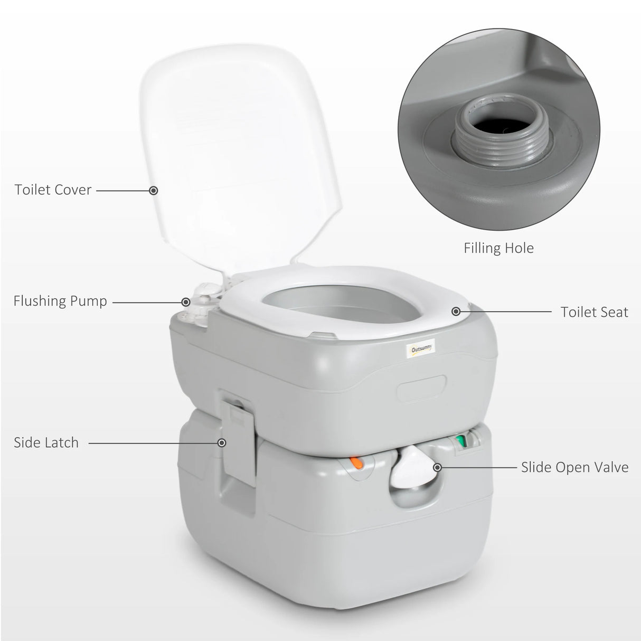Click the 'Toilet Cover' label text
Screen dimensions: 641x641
[x=53, y=190]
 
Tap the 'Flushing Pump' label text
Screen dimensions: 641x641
[x=60, y=301]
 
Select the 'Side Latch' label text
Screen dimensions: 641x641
[x=46, y=442]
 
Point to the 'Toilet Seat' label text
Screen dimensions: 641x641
[x=594, y=312]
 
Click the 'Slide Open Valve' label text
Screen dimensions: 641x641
[x=574, y=467]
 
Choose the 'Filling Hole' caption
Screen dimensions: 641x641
[x=498, y=248]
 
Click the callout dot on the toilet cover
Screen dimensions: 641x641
[x=154, y=190]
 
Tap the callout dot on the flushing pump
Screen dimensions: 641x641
[x=186, y=302]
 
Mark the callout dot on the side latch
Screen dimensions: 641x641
[x=222, y=443]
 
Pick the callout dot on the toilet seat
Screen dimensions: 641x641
[x=456, y=312]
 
